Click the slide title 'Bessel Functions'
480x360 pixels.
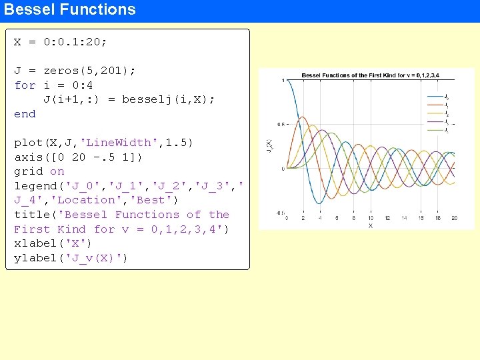pos(70,10)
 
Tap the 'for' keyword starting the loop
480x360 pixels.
pos(25,85)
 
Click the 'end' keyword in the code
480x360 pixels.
pos(25,114)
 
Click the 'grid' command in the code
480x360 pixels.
pos(28,171)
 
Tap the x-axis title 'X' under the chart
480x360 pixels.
pos(370,226)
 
